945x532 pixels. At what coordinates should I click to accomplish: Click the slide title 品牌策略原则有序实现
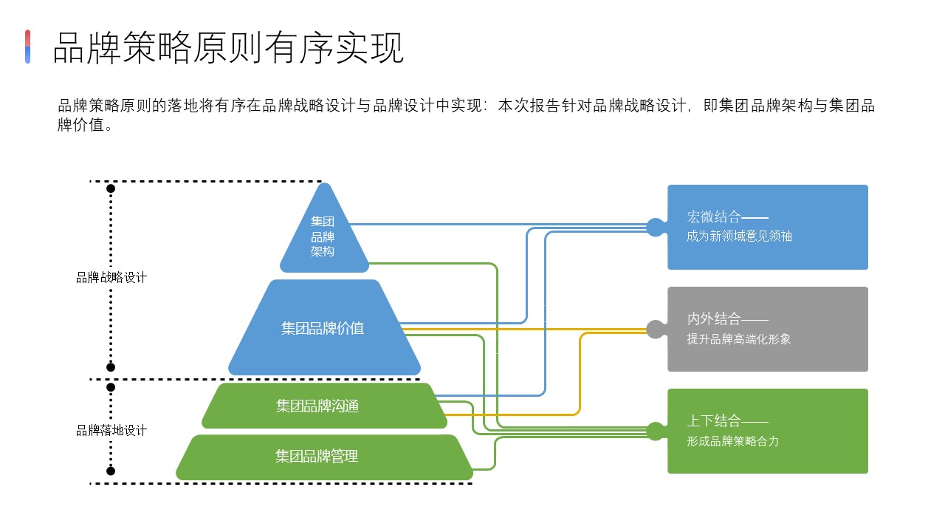[x=228, y=49]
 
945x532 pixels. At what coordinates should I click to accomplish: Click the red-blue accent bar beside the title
[x=28, y=47]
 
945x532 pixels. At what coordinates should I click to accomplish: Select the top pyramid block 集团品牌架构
[x=323, y=236]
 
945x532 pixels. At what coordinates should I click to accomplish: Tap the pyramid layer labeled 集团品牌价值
[x=323, y=328]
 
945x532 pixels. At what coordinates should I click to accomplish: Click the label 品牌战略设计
[x=111, y=278]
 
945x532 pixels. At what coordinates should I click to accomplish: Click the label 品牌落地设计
[x=111, y=430]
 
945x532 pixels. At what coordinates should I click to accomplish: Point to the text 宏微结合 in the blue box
[x=714, y=217]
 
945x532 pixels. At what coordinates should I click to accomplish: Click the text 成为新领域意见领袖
[x=739, y=236]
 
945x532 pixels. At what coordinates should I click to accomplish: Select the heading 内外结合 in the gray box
[x=714, y=319]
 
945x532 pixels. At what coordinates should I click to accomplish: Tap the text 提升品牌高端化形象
[x=738, y=339]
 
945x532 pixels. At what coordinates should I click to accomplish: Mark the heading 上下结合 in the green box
[x=714, y=421]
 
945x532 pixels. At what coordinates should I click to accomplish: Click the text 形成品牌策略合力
[x=732, y=441]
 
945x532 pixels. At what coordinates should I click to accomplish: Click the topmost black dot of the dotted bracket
[x=111, y=188]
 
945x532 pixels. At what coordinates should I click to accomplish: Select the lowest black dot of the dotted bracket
[x=111, y=471]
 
